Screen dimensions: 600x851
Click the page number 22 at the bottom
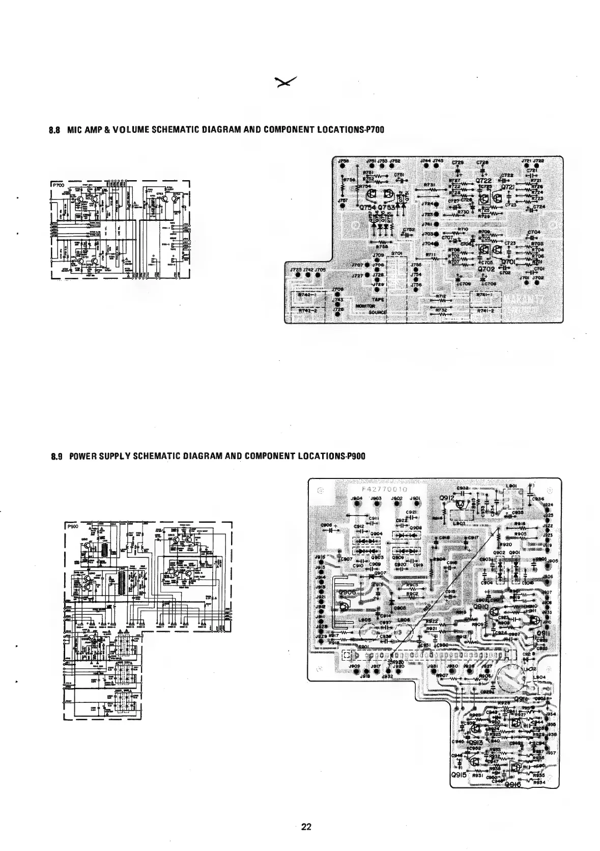(x=306, y=827)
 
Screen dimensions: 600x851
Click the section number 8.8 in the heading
(x=54, y=130)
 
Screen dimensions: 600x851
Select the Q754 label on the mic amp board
(x=367, y=208)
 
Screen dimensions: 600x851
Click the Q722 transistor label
(x=483, y=181)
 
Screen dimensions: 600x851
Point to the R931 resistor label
(x=478, y=777)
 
